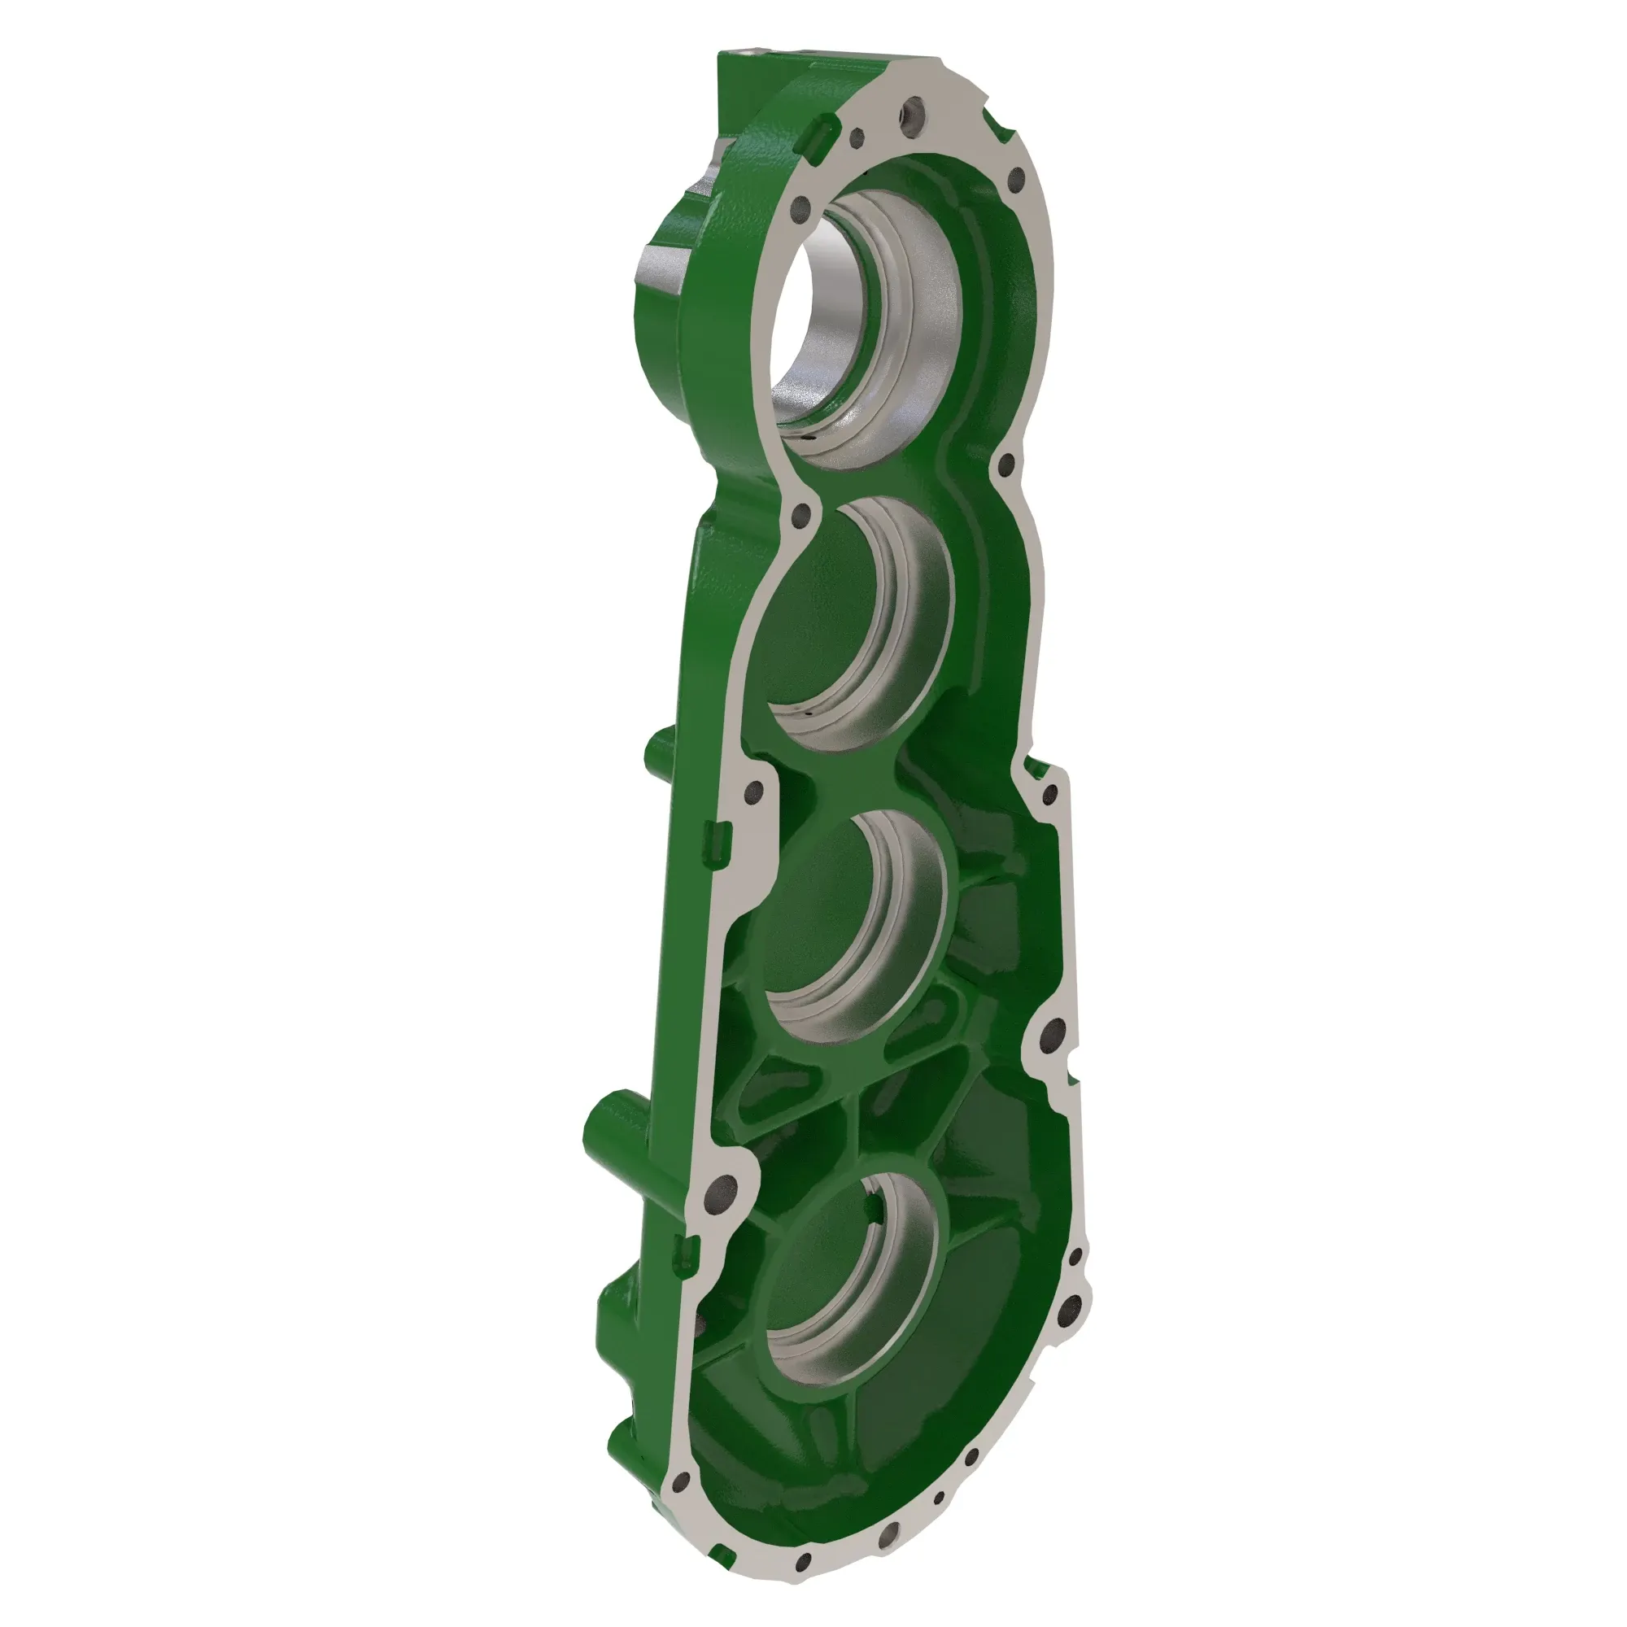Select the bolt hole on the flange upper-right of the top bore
click(x=1015, y=178)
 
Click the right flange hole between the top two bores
click(x=1005, y=464)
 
